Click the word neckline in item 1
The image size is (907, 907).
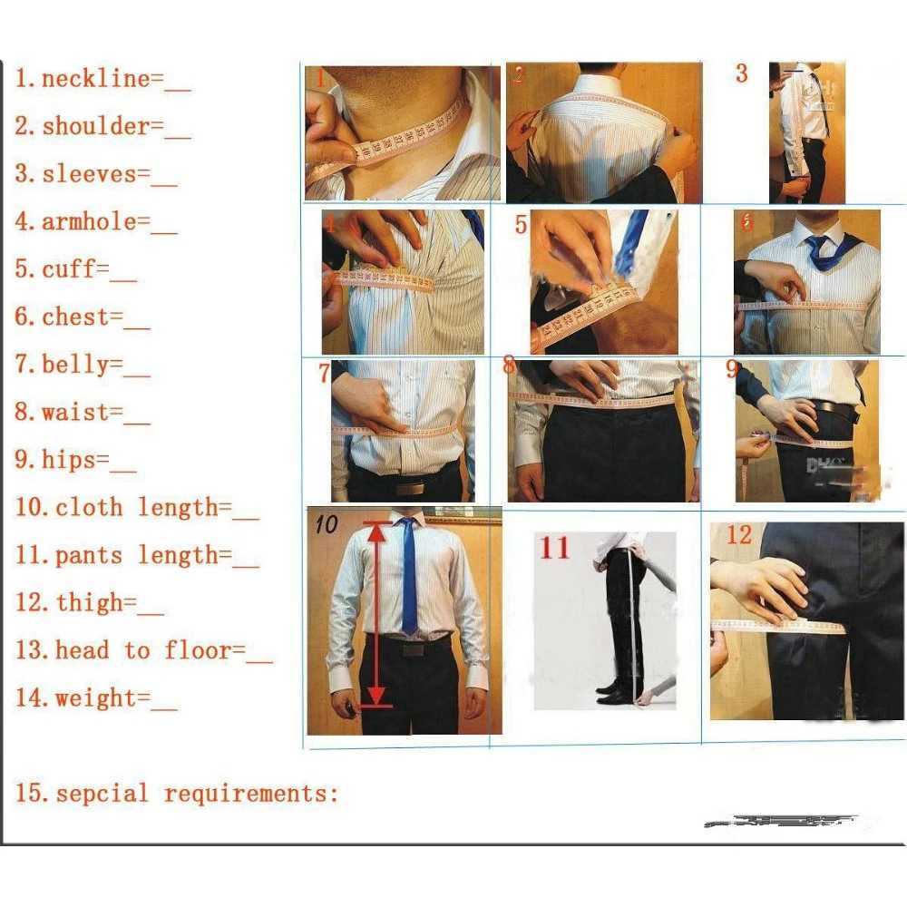tap(95, 79)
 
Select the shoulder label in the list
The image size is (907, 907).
tap(95, 127)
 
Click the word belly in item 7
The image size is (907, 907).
tap(74, 365)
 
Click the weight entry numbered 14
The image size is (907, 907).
tap(95, 698)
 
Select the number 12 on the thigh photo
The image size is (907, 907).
tap(738, 535)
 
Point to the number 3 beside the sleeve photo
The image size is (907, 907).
tap(741, 73)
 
